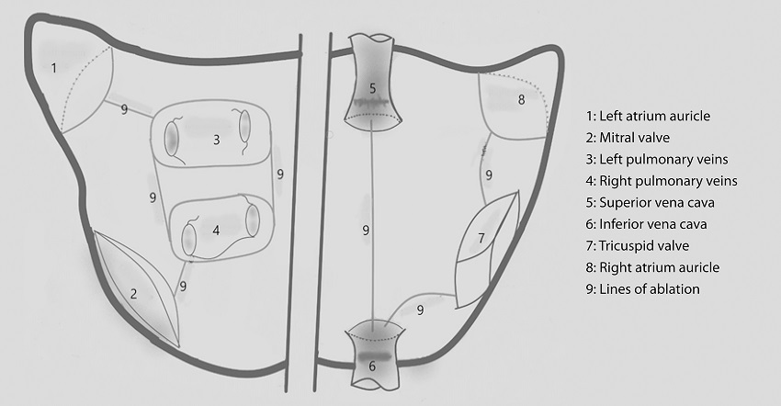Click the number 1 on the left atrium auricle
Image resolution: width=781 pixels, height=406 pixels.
(x=54, y=67)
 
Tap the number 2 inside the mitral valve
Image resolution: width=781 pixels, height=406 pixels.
(x=133, y=293)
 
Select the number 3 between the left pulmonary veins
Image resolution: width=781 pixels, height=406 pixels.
(x=216, y=140)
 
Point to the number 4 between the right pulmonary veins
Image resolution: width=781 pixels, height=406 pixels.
(x=216, y=231)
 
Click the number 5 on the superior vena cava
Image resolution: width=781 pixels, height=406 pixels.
(x=372, y=89)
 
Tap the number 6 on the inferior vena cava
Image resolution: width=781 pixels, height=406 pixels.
(x=372, y=367)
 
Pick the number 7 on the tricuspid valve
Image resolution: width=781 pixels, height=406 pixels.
(x=481, y=238)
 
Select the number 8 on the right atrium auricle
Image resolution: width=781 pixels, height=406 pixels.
(x=521, y=99)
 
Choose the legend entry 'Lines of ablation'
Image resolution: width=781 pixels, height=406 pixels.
(x=642, y=289)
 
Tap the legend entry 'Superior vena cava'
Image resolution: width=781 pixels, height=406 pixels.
(x=650, y=203)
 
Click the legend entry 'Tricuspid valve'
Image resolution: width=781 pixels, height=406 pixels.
(x=638, y=245)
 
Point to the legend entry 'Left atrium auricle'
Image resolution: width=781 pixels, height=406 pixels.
(x=648, y=116)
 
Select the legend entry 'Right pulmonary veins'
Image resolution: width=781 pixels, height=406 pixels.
(x=662, y=181)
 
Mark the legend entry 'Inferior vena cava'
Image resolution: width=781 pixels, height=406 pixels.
(x=646, y=224)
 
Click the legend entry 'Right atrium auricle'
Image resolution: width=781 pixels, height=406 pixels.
(x=652, y=267)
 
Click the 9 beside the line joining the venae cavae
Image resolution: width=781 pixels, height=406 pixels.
(x=366, y=231)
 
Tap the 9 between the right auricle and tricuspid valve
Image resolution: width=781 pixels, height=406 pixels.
(x=489, y=175)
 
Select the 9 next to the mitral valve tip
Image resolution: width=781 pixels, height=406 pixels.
(x=183, y=287)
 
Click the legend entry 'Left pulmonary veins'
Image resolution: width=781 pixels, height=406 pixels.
(x=657, y=160)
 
